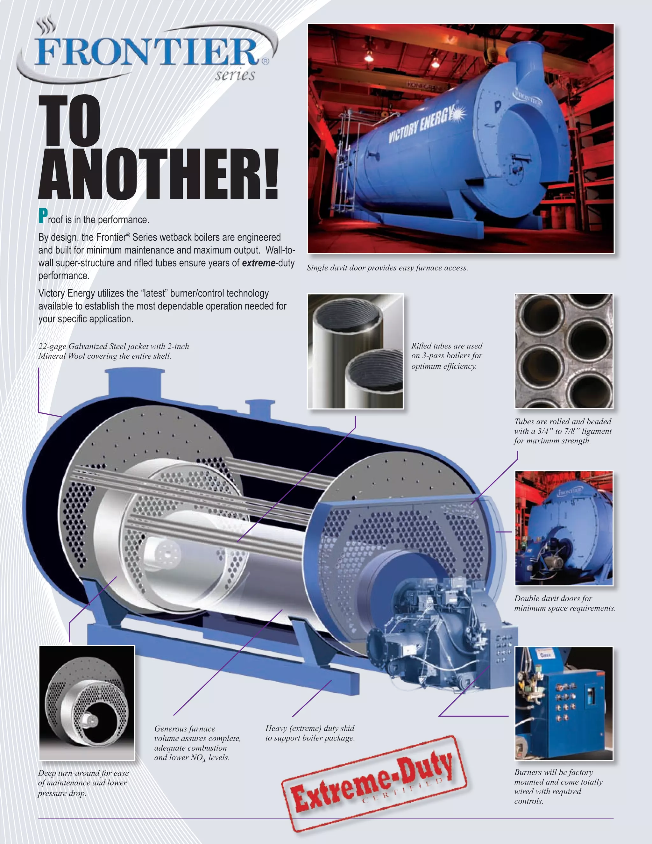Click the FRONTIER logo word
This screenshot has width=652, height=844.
(147, 52)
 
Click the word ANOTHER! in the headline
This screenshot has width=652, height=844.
(158, 174)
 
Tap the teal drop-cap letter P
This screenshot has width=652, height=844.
(43, 216)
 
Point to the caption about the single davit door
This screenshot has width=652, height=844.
(387, 268)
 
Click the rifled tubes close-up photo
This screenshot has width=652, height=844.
(355, 351)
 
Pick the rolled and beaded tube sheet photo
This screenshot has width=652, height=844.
(563, 351)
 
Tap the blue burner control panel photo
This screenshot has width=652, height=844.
(563, 703)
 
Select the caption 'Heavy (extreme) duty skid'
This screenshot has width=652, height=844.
(310, 733)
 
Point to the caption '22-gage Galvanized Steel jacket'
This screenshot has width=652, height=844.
(114, 351)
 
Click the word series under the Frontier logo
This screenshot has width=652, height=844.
(235, 75)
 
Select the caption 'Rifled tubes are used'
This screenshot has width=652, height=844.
(447, 355)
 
